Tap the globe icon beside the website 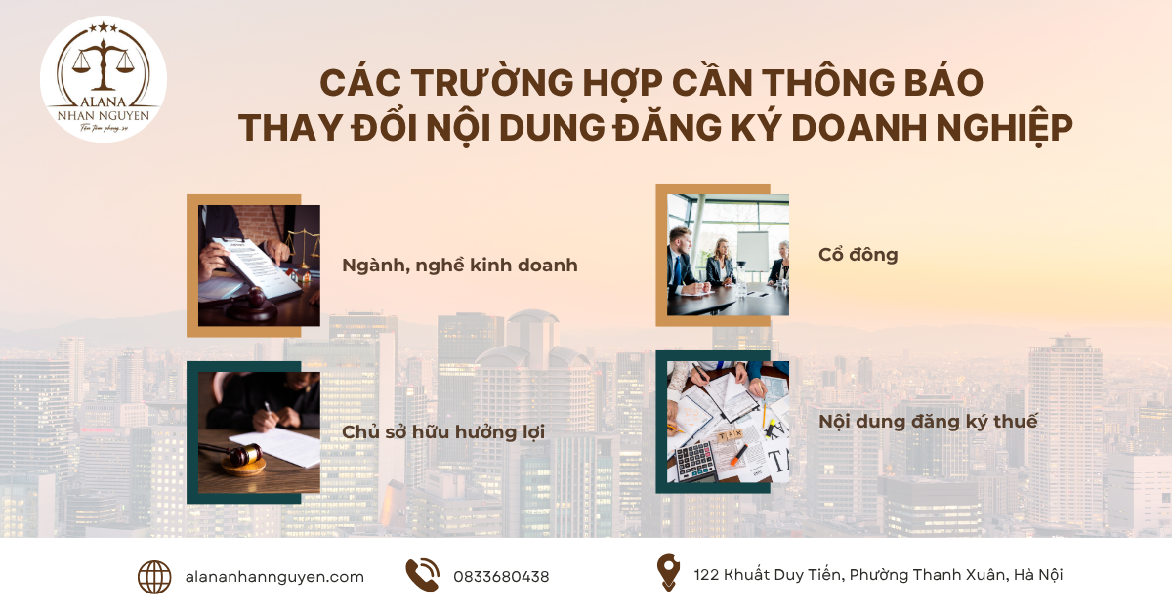tap(154, 576)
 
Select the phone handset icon tap(422, 575)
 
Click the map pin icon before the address tap(668, 573)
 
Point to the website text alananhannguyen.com tap(274, 577)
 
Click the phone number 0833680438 tap(501, 577)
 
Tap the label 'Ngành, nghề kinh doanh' tap(460, 265)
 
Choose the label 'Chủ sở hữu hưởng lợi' tap(443, 431)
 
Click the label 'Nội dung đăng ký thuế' tap(928, 422)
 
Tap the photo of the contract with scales tap(259, 266)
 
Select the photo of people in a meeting tap(728, 255)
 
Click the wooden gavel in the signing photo tap(234, 456)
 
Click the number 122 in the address tap(708, 575)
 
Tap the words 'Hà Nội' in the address tap(1038, 575)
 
